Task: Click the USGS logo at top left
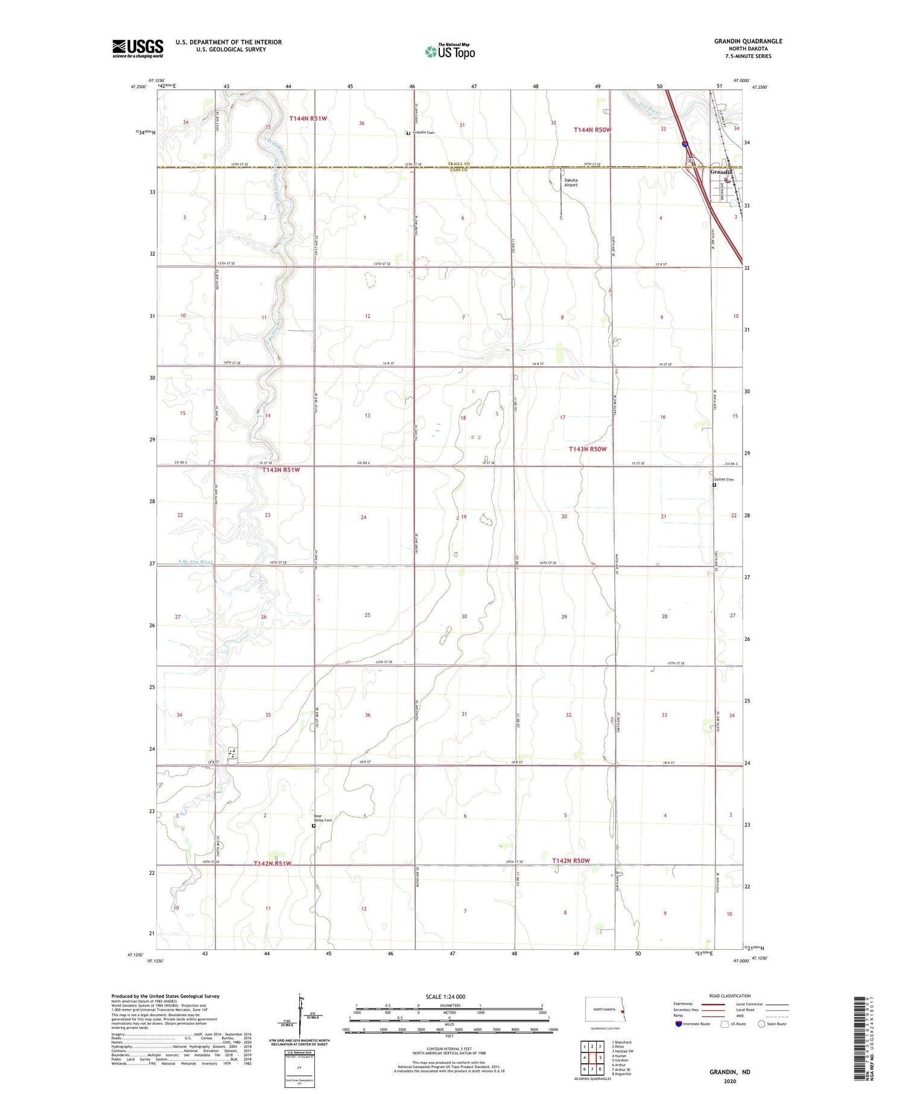(138, 48)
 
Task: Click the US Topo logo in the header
(450, 52)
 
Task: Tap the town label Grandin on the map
(721, 173)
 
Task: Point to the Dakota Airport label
(571, 182)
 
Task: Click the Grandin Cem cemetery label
(424, 133)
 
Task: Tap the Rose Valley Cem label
(323, 818)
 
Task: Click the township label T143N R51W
(281, 469)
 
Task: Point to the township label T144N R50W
(592, 130)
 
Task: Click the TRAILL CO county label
(458, 164)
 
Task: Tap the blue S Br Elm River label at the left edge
(195, 562)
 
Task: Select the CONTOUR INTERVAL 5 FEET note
(449, 1049)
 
